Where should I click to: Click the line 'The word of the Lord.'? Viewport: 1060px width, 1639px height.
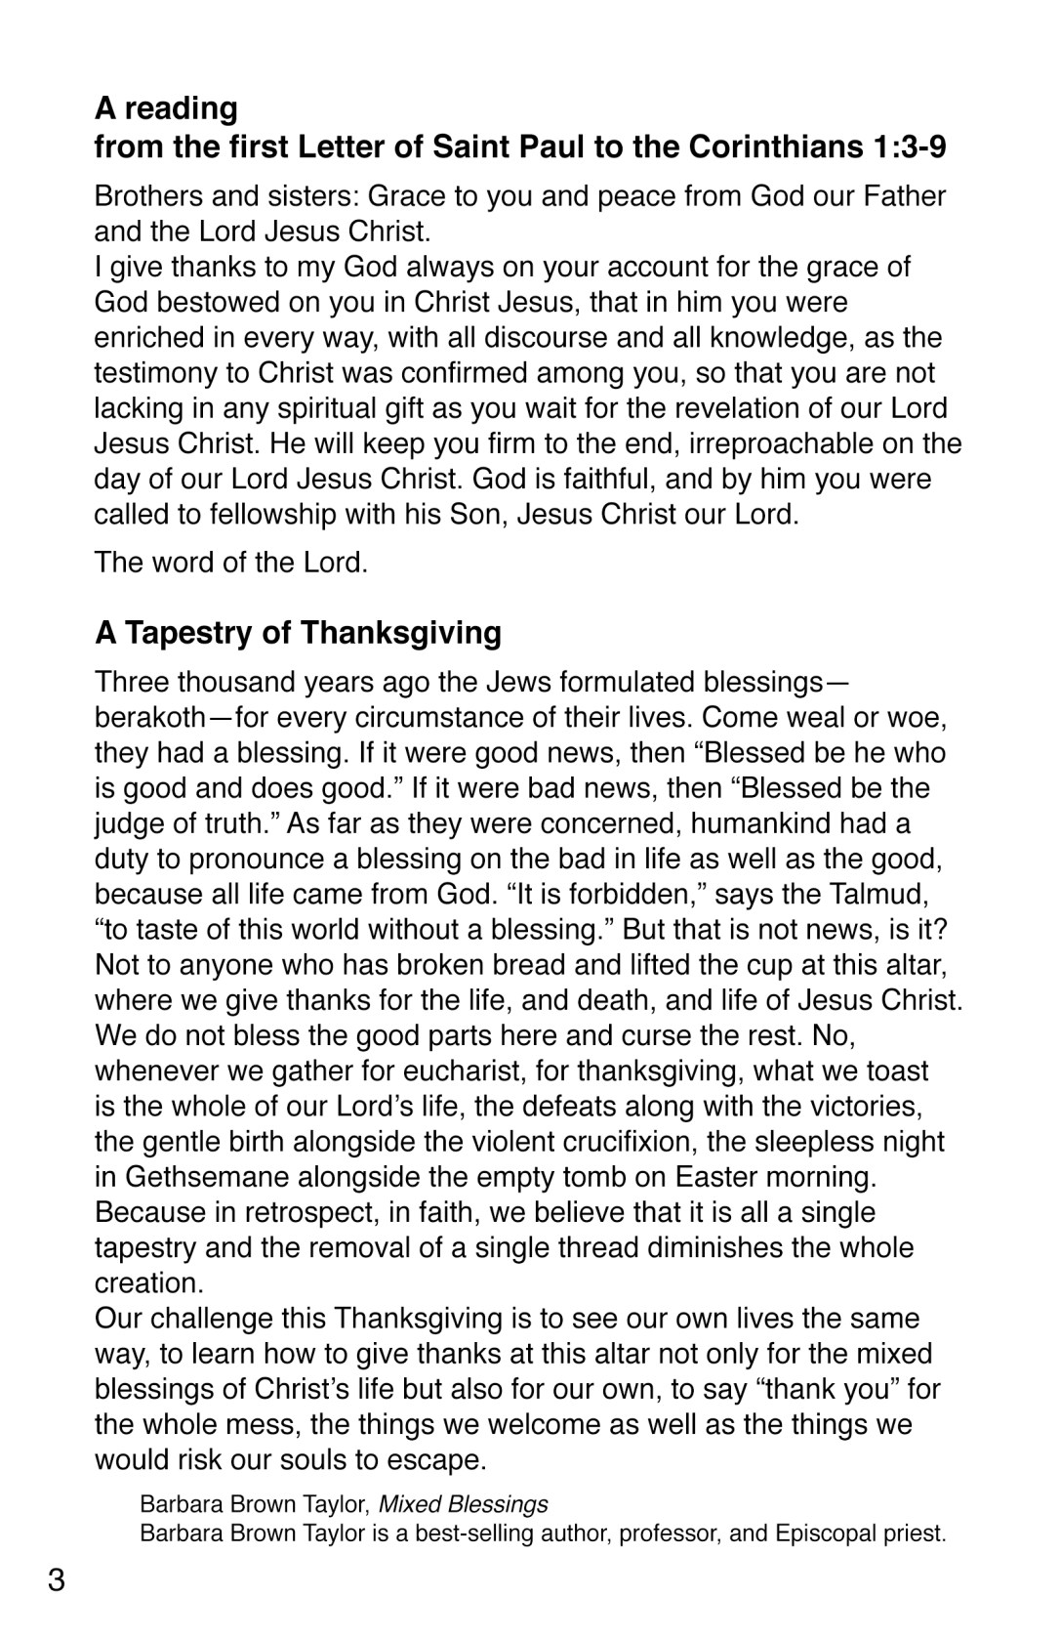pyautogui.click(x=231, y=563)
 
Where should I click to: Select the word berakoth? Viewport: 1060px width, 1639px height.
pyautogui.click(x=149, y=718)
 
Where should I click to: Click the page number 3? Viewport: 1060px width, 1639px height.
pyautogui.click(x=57, y=1579)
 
